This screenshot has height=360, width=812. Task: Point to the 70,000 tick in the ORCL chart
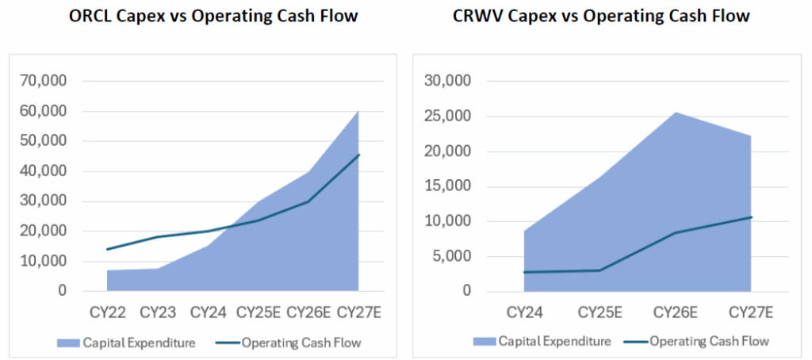point(44,82)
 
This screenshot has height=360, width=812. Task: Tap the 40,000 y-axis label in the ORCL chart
point(44,171)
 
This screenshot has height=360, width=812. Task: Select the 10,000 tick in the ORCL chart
point(44,261)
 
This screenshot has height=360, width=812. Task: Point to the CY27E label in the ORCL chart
point(359,312)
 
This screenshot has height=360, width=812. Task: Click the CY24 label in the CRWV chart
point(524,312)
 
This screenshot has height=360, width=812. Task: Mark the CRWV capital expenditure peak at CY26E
point(675,112)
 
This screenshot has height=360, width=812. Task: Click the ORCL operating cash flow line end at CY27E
point(358,155)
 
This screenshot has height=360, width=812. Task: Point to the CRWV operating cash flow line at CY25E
point(599,270)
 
